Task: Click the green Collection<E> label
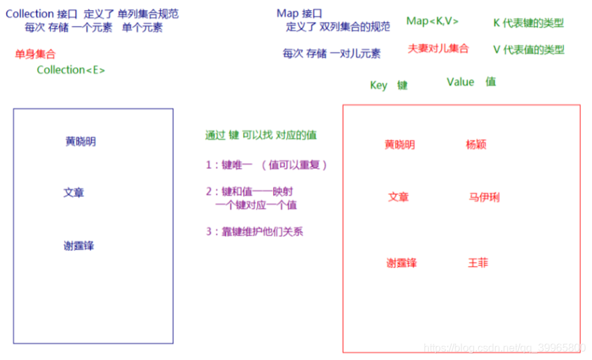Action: [x=71, y=70]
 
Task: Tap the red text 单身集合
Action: [x=35, y=54]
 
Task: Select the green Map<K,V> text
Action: [x=432, y=21]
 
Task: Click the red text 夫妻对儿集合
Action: [x=438, y=49]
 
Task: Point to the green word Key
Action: [x=378, y=85]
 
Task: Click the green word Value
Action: [x=460, y=82]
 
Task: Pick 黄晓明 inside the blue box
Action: [x=81, y=142]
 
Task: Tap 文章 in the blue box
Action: [x=74, y=192]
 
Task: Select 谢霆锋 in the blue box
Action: [x=79, y=246]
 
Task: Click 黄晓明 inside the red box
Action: [x=400, y=144]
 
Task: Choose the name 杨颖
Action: [x=477, y=144]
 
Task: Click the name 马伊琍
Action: [x=484, y=197]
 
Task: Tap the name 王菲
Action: [x=478, y=263]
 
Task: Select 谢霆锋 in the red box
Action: [x=402, y=263]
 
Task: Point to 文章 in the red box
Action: [x=398, y=197]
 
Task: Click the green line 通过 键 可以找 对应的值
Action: [x=261, y=135]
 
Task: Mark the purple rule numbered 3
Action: [x=255, y=232]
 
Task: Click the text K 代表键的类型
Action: [x=528, y=23]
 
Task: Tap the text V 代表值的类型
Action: [x=528, y=49]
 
